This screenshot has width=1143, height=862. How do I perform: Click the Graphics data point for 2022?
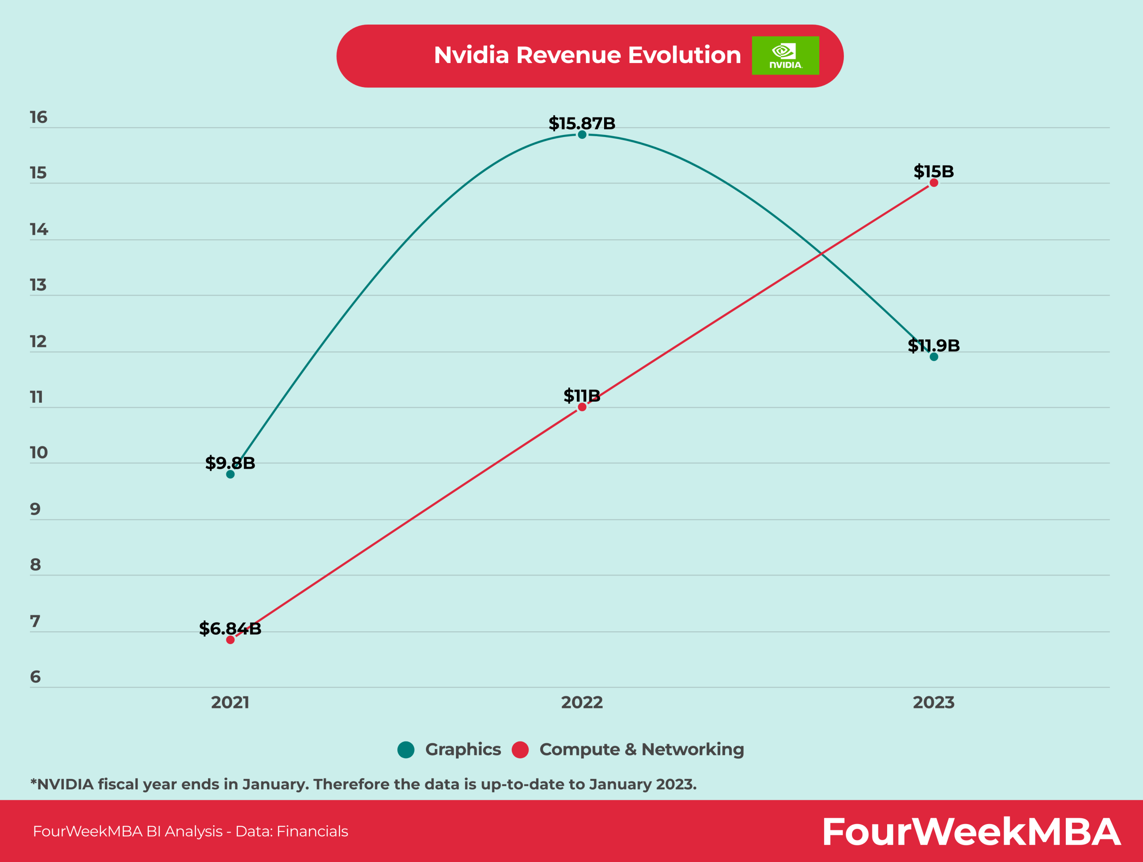pos(582,135)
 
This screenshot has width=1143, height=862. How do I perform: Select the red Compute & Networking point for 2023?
pos(934,183)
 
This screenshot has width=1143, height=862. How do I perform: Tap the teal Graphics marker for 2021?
pos(230,474)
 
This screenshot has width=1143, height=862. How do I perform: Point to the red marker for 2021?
pos(230,640)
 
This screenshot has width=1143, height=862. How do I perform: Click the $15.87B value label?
pos(582,124)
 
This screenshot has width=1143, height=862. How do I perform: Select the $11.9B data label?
pos(934,345)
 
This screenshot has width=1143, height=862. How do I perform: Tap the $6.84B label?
pos(230,629)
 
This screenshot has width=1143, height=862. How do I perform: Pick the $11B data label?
pos(582,396)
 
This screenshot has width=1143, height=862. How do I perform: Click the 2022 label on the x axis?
pos(582,702)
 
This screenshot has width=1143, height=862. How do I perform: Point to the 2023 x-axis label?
pos(933,702)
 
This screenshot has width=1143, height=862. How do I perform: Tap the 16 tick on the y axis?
pos(38,117)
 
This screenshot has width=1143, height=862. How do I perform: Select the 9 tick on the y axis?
pos(35,509)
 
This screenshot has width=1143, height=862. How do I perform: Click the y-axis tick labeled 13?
pos(38,285)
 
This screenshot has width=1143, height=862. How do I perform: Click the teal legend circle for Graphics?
pos(406,750)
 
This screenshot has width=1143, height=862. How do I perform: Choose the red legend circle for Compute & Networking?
pos(520,750)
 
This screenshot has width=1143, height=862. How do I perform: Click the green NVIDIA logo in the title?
pos(785,56)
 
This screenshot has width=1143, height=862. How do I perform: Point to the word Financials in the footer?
pos(312,832)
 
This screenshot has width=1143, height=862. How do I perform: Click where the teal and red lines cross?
pos(821,254)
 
